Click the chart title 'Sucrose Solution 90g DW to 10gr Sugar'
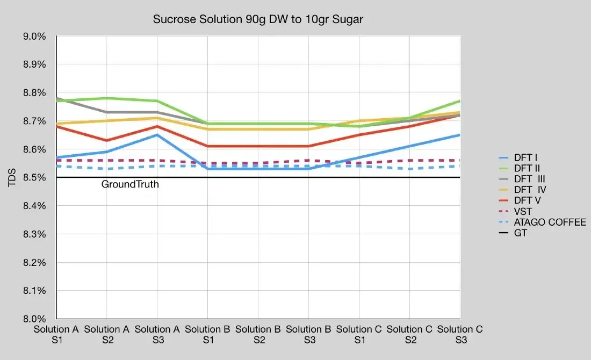click(x=258, y=19)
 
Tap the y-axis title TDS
click(x=12, y=178)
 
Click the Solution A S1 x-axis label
click(x=56, y=334)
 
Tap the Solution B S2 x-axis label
click(x=258, y=334)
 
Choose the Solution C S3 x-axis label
click(x=460, y=334)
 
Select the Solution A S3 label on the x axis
click(x=157, y=334)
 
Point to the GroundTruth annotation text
click(x=130, y=185)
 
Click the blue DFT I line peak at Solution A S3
click(x=157, y=135)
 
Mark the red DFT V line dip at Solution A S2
click(x=106, y=141)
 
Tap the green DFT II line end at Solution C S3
click(x=459, y=101)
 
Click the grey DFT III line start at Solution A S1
click(x=57, y=98)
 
